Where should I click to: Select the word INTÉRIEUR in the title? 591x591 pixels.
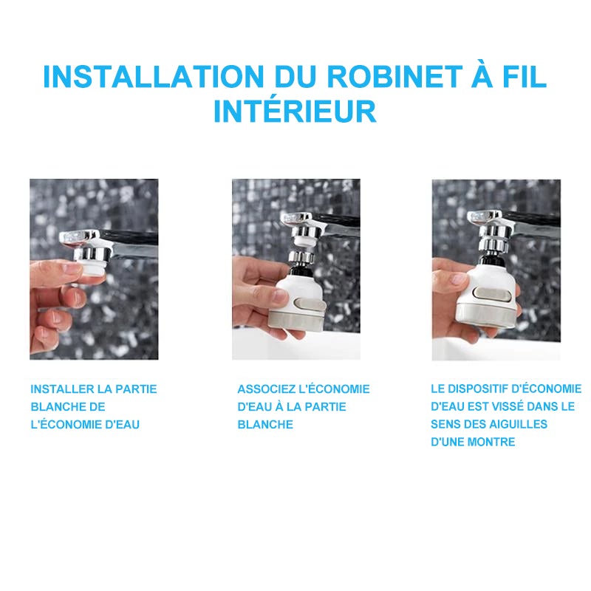click(x=295, y=112)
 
